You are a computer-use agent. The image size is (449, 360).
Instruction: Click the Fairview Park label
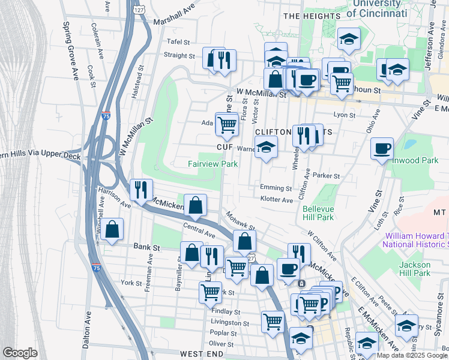212,164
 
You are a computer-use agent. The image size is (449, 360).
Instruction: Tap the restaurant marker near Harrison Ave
141,190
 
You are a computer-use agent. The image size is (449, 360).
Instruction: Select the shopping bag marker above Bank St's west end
112,229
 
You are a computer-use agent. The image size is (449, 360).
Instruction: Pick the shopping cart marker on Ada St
226,125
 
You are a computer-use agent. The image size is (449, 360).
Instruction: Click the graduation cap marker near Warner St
265,147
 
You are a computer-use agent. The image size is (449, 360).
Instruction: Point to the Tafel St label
178,43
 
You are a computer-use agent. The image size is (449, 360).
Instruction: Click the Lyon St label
345,115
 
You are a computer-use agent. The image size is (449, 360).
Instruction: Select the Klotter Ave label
276,199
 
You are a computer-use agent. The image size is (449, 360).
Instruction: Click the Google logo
20,353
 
